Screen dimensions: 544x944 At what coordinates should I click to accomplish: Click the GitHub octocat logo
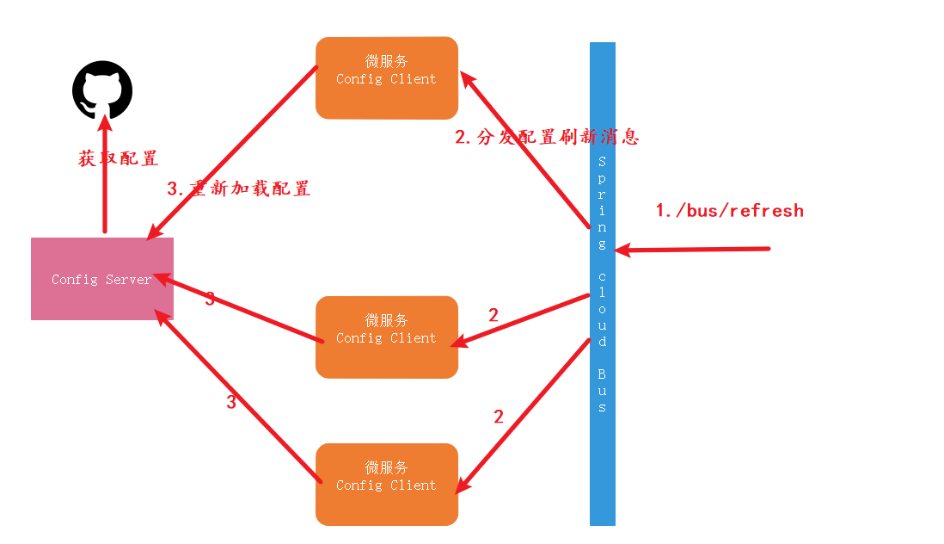coord(102,90)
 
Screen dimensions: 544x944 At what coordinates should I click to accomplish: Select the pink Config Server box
coord(102,279)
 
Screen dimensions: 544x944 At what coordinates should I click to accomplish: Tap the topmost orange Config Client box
coord(386,77)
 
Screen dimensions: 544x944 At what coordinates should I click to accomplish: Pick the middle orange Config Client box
coord(386,337)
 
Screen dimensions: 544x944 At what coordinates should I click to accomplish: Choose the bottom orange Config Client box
coord(386,484)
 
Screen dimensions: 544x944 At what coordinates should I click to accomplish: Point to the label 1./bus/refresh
coord(729,211)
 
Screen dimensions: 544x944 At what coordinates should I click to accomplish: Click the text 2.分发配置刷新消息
coord(547,137)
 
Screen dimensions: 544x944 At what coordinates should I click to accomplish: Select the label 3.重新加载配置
coord(238,189)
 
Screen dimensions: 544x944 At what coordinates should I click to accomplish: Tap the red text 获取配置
coord(118,158)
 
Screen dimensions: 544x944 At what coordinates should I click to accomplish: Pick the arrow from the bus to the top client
coord(524,150)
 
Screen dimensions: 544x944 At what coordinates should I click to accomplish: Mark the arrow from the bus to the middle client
coord(521,320)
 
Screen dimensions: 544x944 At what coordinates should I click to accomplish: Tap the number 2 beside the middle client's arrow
coord(493,315)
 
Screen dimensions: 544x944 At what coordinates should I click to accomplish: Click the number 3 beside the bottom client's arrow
coord(230,402)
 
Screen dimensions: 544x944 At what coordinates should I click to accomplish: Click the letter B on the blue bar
coord(602,374)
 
